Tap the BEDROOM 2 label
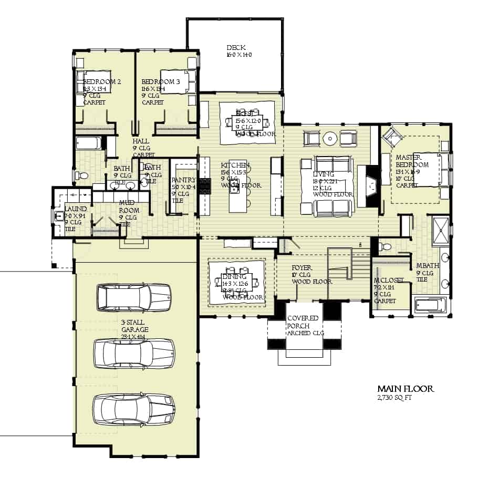[102, 82]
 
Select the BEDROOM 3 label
[160, 82]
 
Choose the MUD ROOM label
[129, 206]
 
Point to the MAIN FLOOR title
[406, 389]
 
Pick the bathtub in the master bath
[430, 305]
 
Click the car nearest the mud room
[133, 298]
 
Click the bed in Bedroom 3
[176, 82]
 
